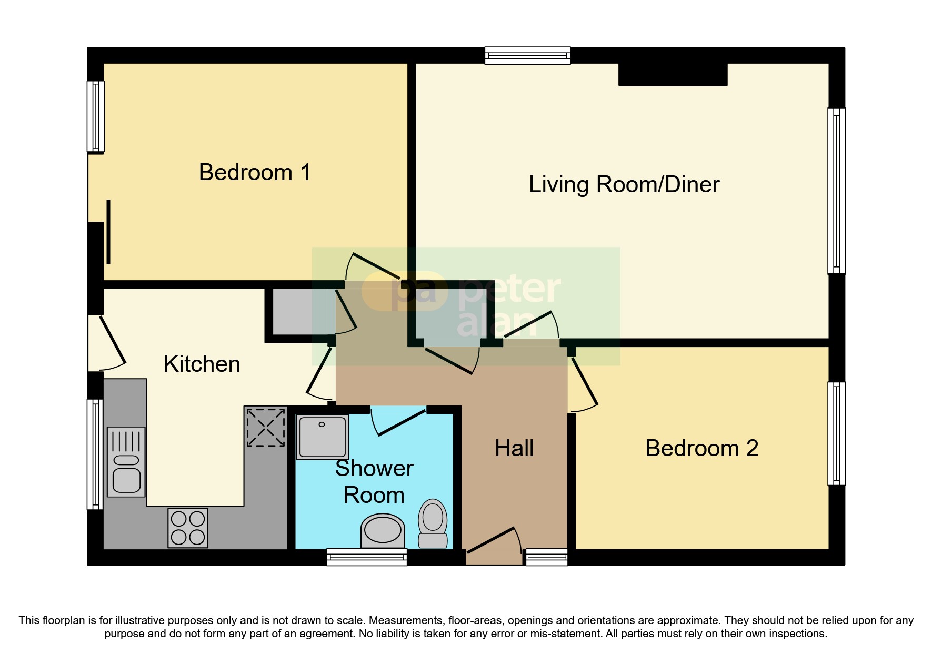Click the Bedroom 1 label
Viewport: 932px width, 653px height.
coord(255,173)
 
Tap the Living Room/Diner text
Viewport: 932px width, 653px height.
coord(624,185)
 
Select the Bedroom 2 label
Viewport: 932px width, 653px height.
coord(701,449)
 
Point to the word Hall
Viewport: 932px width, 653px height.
coord(514,449)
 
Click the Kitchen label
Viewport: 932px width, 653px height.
coord(202,364)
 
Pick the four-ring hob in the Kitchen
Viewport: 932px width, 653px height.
coord(188,528)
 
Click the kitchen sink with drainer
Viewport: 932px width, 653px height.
coord(126,462)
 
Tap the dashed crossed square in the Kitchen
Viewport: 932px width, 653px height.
coord(266,427)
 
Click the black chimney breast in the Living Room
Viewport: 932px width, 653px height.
coord(673,74)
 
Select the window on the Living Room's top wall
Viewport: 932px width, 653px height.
coord(527,55)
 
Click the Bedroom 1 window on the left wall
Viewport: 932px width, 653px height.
coord(95,116)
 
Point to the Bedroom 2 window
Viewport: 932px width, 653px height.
coord(836,433)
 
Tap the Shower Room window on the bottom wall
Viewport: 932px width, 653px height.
coord(367,557)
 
